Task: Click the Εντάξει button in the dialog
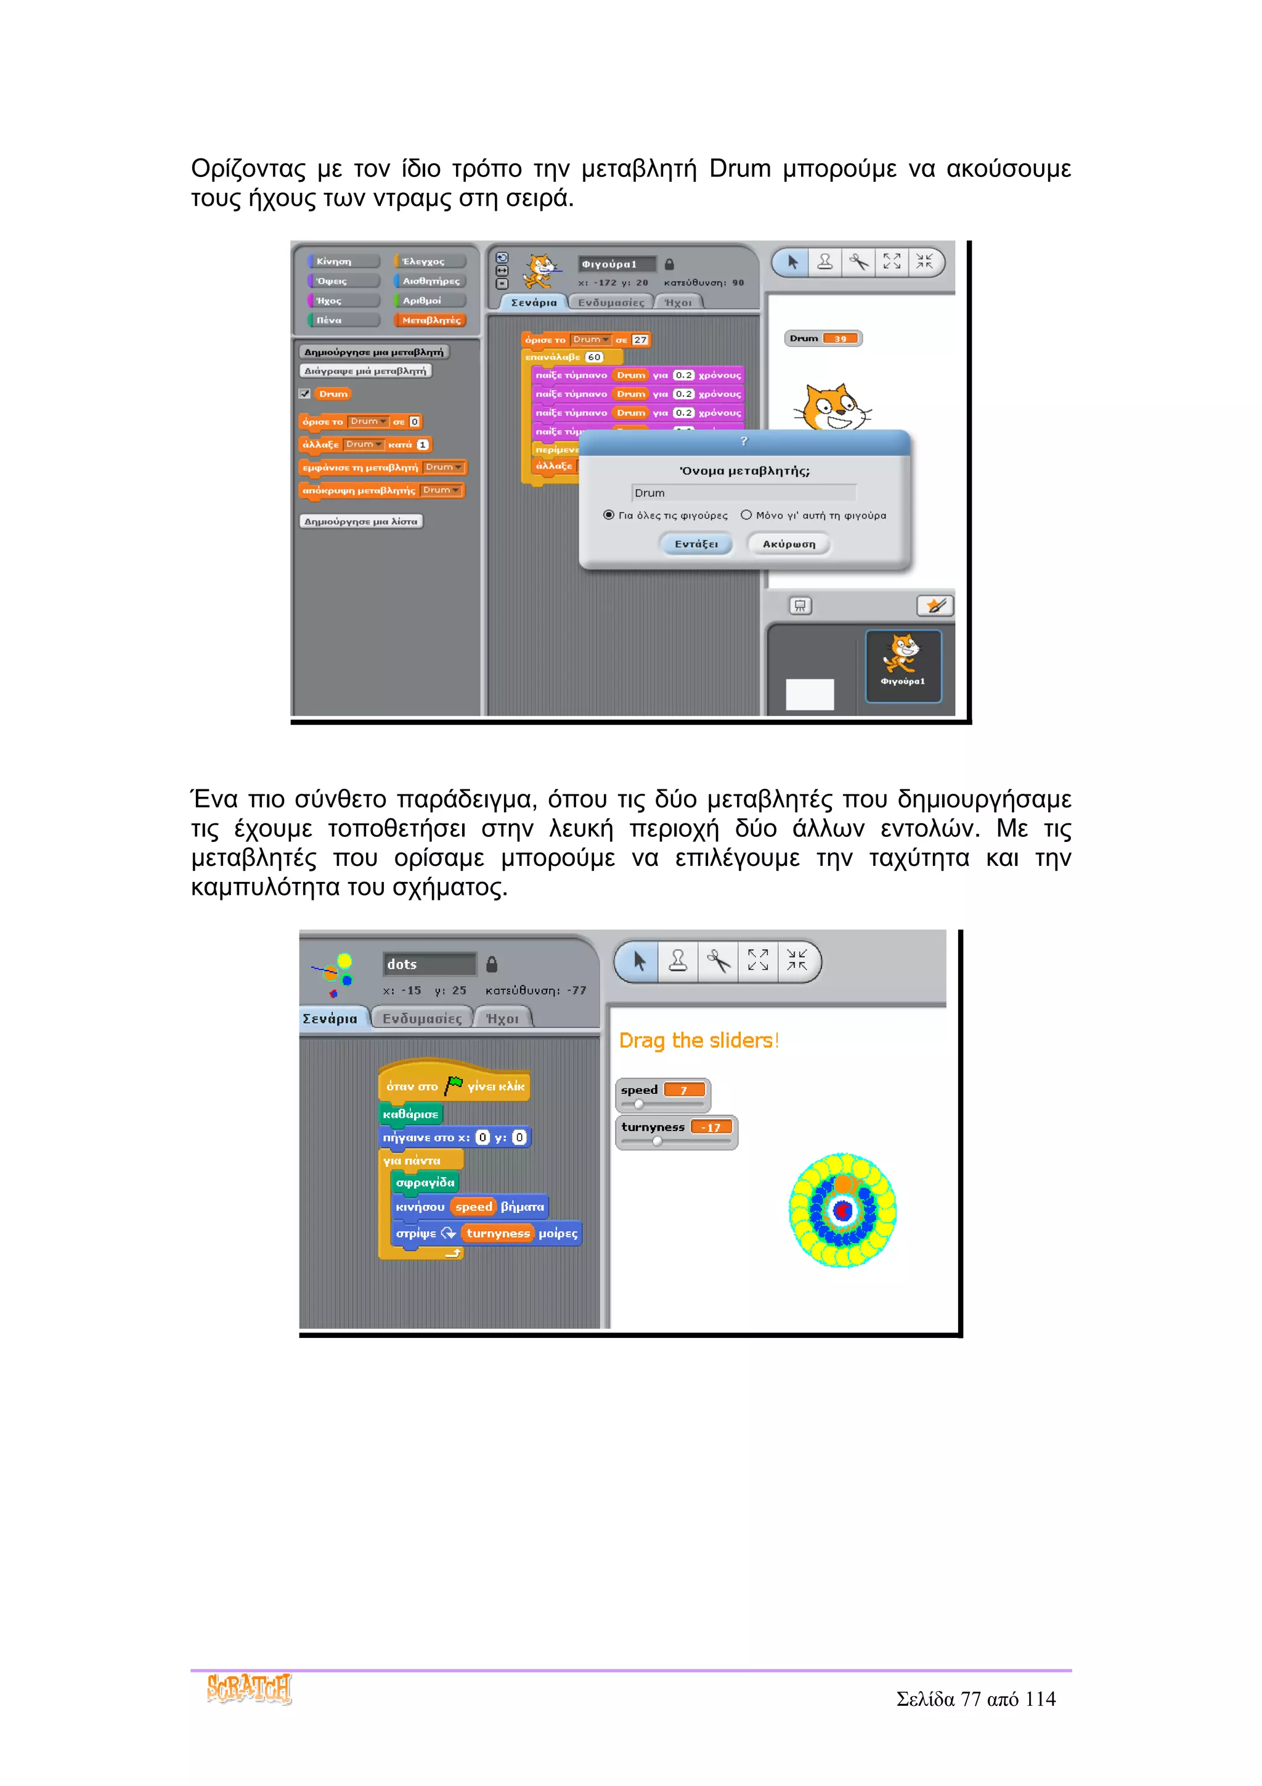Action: (x=696, y=544)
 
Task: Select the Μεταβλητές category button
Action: (x=431, y=320)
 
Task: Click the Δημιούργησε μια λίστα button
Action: (x=361, y=521)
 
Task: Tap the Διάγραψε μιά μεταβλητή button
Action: (x=365, y=371)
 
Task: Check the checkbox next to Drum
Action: (x=305, y=394)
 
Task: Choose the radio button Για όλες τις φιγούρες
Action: (x=609, y=515)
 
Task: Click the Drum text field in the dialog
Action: (x=743, y=492)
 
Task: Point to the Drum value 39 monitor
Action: (x=840, y=338)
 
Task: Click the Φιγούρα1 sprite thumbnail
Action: (x=903, y=665)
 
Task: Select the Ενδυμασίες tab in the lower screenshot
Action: (x=421, y=1018)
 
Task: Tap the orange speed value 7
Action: (x=683, y=1090)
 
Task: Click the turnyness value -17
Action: (x=710, y=1127)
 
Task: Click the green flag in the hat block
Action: (x=454, y=1083)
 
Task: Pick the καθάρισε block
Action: (x=410, y=1114)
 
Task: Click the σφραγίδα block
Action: (x=425, y=1183)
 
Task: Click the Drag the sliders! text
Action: (x=698, y=1040)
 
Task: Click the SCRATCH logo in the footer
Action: (x=249, y=1689)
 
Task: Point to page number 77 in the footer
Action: (x=971, y=1699)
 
